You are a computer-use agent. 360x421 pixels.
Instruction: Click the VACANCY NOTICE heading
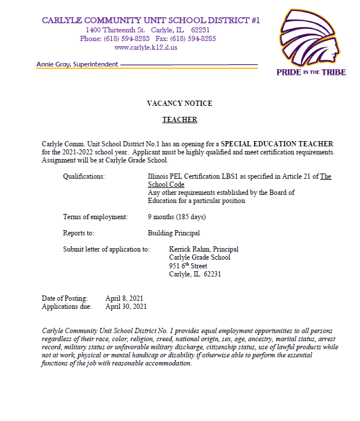click(179, 104)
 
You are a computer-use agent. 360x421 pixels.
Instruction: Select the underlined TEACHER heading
click(179, 120)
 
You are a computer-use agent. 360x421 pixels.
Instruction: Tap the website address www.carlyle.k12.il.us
click(146, 47)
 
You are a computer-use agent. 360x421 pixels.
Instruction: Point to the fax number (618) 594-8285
click(193, 39)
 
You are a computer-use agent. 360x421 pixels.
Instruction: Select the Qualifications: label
click(84, 176)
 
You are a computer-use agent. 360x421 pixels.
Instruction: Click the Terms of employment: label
click(95, 217)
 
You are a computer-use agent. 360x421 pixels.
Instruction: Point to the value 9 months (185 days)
click(177, 217)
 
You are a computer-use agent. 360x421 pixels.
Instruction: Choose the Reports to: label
click(79, 233)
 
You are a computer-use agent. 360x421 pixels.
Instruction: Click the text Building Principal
click(174, 233)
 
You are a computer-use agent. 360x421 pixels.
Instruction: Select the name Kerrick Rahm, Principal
click(203, 249)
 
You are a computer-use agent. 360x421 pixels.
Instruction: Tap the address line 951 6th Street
click(188, 266)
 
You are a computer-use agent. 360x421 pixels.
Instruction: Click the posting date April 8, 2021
click(124, 298)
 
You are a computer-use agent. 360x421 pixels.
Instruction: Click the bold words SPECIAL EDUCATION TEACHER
click(277, 143)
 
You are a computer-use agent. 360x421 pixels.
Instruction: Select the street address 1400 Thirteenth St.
click(115, 30)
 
